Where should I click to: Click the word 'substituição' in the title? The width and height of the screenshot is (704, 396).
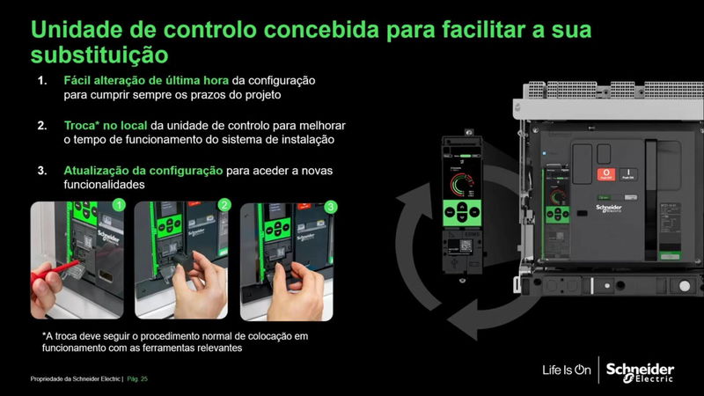point(99,54)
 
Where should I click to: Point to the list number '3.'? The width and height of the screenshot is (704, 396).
point(42,170)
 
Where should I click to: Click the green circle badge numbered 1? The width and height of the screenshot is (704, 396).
point(119,206)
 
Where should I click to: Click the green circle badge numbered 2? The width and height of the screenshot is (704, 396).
point(224,206)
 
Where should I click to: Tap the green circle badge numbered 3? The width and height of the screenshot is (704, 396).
point(330,206)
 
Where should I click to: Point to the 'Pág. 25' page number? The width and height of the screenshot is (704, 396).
point(138,378)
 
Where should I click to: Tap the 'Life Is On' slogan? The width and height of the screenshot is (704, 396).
point(565,370)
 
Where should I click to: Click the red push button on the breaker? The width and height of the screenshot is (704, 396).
point(605,174)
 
